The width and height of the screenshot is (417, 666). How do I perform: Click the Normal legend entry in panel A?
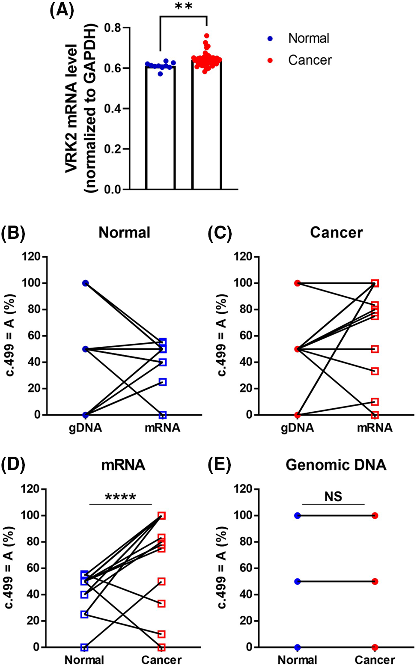click(308, 39)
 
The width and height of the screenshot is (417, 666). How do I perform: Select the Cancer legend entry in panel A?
click(310, 60)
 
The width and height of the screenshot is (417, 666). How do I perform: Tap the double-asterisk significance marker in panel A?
click(184, 7)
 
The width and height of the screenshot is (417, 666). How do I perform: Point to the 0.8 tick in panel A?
click(113, 28)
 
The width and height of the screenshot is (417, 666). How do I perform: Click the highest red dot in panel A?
click(206, 36)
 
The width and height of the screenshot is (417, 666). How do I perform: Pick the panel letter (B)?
click(13, 233)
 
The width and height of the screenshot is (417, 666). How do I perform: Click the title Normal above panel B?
click(125, 232)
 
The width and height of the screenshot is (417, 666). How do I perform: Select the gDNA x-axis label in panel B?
click(86, 428)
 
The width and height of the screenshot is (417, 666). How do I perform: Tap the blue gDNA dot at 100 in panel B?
click(86, 283)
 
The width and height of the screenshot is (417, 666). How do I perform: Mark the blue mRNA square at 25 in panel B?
click(163, 382)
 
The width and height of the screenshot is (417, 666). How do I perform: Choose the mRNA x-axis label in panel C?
click(375, 428)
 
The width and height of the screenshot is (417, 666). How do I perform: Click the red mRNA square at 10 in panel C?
click(375, 402)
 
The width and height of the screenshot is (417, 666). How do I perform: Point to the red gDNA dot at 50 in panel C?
click(298, 349)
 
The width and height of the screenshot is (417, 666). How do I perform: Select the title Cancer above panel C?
click(337, 232)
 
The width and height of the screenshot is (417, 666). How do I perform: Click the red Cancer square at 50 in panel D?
click(161, 582)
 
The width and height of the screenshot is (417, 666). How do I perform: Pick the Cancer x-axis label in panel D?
click(161, 660)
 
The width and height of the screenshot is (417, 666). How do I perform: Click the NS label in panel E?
click(333, 497)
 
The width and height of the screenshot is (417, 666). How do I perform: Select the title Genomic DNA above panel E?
click(336, 465)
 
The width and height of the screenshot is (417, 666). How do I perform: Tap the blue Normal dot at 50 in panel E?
click(298, 582)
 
